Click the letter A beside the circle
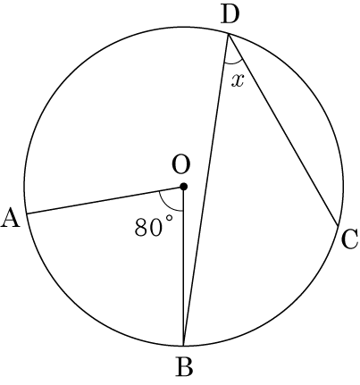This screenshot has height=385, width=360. (11, 218)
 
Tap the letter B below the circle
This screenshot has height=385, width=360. (185, 366)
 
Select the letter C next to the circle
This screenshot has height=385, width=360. (349, 239)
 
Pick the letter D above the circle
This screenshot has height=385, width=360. (230, 14)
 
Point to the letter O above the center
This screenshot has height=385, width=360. (180, 164)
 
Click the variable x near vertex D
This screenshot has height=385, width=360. (238, 80)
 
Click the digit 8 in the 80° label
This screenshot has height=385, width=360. (141, 228)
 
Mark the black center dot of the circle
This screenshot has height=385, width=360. (184, 187)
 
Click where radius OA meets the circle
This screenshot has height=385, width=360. (27, 213)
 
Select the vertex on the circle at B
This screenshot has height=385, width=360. (184, 346)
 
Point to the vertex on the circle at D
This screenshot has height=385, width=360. (229, 35)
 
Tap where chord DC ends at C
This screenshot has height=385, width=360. (338, 226)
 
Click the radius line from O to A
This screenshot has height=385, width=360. (105, 200)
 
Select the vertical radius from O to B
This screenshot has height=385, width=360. (184, 266)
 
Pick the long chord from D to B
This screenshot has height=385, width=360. (206, 190)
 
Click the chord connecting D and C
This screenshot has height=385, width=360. (283, 130)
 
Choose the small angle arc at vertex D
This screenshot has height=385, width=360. (234, 63)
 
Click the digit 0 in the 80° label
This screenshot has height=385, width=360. (156, 228)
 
